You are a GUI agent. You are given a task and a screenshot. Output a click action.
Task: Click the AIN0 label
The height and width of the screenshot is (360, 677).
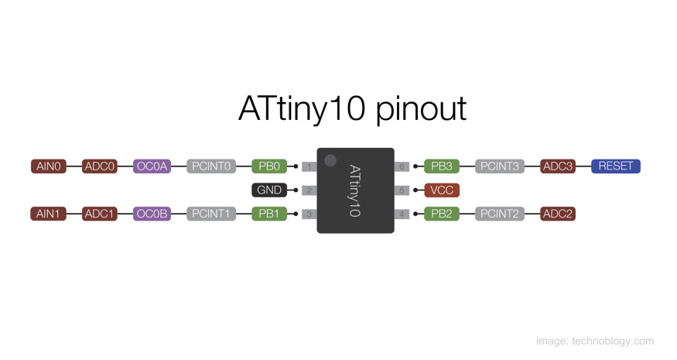(x=49, y=166)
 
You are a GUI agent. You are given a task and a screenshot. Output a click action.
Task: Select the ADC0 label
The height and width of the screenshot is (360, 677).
(x=100, y=166)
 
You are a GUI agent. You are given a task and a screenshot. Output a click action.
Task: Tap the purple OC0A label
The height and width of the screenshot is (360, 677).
(x=152, y=166)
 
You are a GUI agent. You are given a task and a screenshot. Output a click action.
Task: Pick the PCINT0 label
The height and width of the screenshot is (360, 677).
(x=211, y=166)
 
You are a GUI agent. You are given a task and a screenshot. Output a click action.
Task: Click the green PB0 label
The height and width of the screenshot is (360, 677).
(x=269, y=166)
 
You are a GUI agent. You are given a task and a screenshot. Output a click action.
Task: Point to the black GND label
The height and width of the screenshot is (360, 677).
(x=269, y=190)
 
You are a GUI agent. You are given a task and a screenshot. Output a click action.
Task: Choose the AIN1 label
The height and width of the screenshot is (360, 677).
(x=49, y=214)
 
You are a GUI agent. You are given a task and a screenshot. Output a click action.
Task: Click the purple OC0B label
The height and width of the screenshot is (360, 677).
(x=152, y=214)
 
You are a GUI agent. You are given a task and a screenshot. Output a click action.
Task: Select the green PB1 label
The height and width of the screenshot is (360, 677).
(x=269, y=214)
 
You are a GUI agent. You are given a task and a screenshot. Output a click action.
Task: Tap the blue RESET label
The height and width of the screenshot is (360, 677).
(x=616, y=166)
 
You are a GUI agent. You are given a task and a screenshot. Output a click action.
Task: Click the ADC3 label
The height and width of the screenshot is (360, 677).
(x=558, y=166)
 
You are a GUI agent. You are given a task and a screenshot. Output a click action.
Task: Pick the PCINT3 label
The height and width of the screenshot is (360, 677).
(x=499, y=166)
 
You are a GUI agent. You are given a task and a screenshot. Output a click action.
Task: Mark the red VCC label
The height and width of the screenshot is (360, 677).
(x=442, y=190)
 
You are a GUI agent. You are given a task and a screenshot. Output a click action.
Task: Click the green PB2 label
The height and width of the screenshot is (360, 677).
(x=442, y=214)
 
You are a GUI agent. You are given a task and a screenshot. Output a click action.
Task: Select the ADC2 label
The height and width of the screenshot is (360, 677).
(x=558, y=214)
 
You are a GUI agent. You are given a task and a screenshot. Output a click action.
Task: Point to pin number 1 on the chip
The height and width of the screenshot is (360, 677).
(x=309, y=166)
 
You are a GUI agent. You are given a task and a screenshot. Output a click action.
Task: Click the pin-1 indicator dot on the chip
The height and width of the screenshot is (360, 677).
(x=330, y=160)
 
